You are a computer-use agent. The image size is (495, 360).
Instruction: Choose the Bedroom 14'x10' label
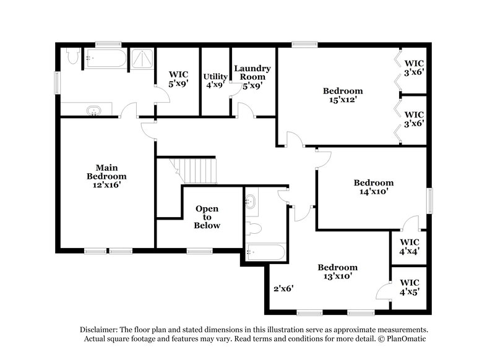(373, 187)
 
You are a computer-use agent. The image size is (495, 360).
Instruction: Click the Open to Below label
(207, 217)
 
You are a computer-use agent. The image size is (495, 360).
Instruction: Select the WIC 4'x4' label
(410, 246)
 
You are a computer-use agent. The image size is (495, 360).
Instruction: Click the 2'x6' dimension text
(283, 288)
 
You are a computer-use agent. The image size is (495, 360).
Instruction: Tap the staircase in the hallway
(194, 169)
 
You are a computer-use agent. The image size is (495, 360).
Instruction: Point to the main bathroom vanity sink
(94, 111)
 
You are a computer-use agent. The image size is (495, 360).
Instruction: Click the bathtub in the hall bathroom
(265, 252)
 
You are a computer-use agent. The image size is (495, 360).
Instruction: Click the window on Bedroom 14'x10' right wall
(429, 201)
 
